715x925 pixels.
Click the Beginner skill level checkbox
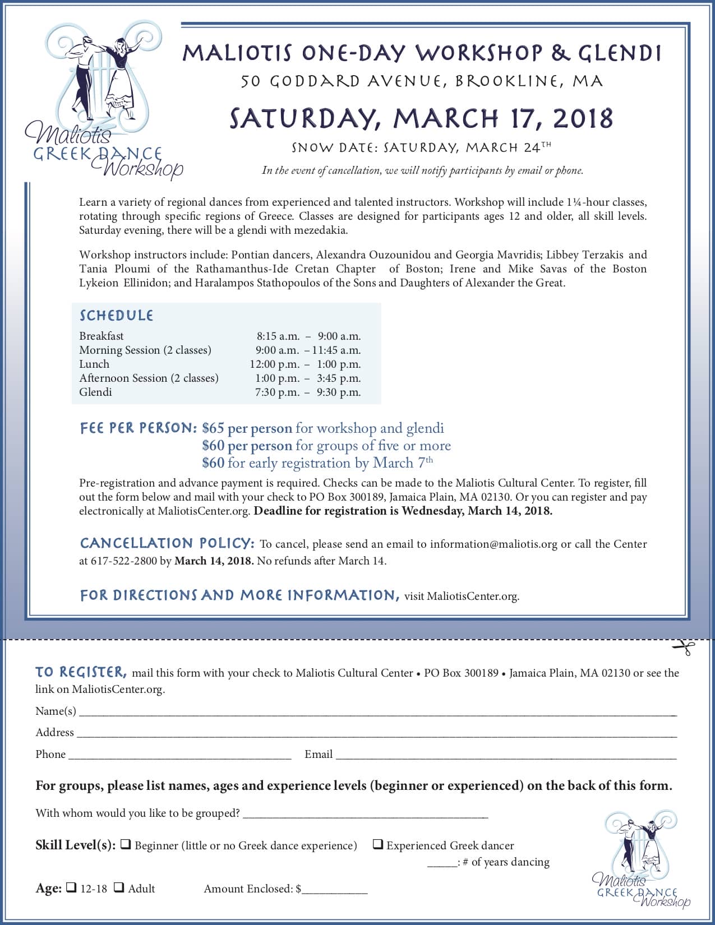126,844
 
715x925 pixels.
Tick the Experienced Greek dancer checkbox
378,844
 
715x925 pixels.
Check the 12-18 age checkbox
71,887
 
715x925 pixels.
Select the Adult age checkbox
119,887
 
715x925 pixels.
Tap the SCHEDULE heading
117,316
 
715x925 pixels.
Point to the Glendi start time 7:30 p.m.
277,392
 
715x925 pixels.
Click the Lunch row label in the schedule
94,364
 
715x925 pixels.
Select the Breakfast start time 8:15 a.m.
278,336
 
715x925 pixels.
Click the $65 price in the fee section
213,428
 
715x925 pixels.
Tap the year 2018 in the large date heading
583,118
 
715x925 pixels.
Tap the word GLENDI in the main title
620,53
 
